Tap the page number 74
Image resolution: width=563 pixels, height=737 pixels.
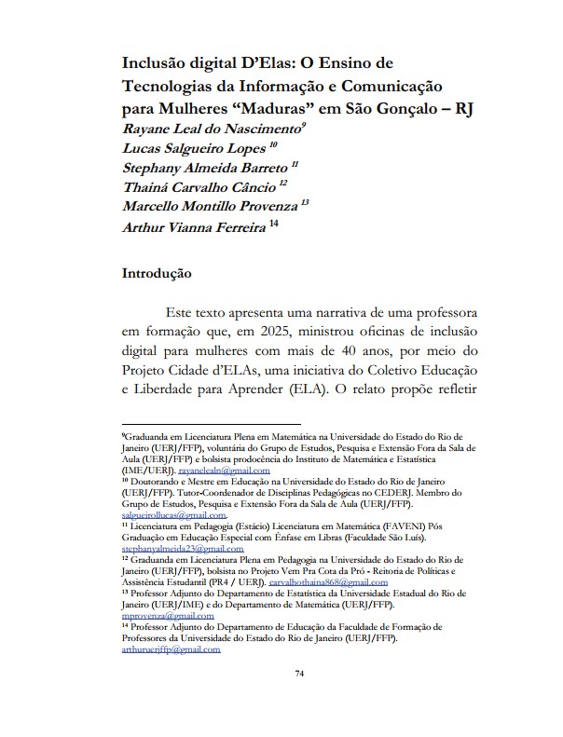tap(299, 700)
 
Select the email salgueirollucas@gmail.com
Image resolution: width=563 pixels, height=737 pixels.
tap(174, 514)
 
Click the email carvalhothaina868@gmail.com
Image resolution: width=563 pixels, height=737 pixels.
tap(328, 581)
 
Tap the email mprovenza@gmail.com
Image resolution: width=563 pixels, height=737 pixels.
tap(161, 616)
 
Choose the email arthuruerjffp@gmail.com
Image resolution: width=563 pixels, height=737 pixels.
tap(171, 649)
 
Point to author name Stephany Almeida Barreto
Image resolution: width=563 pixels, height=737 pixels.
tap(205, 168)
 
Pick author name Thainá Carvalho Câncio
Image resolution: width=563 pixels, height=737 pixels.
tap(199, 188)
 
